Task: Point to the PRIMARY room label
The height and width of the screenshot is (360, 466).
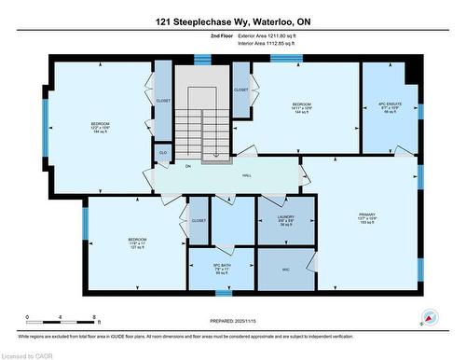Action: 366,218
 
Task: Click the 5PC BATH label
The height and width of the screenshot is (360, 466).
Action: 221,269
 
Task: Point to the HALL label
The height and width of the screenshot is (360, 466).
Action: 247,173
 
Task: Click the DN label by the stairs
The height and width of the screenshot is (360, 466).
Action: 187,167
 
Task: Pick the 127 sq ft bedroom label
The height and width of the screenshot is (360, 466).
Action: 137,244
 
